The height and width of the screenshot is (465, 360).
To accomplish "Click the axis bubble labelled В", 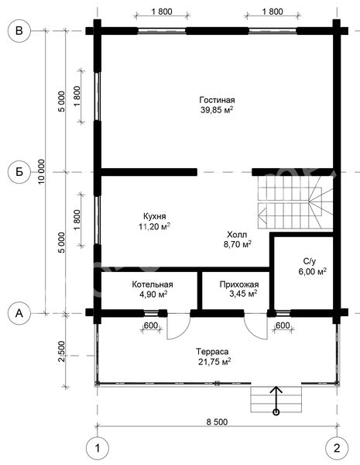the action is [x=19, y=31].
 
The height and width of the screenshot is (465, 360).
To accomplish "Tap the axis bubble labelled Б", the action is [x=19, y=172].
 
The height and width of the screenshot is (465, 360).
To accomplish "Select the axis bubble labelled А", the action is [x=19, y=313].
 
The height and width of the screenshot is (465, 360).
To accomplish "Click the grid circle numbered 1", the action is [x=98, y=448].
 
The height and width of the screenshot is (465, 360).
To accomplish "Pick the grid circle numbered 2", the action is [x=337, y=448].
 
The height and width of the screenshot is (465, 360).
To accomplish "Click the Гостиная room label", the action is [x=218, y=100].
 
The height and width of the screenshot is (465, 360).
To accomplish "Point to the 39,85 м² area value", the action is [x=217, y=110].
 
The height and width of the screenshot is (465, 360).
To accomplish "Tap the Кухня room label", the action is [x=154, y=216].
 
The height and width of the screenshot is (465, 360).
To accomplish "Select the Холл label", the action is [x=237, y=235].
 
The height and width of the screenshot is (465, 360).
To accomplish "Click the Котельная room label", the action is [x=153, y=284].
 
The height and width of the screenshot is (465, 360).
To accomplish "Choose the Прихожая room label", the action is [x=239, y=284].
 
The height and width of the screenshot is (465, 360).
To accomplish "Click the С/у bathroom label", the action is [x=310, y=261].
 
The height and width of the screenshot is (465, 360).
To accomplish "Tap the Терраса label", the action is [x=212, y=352].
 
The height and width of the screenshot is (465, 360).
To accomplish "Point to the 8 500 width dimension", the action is [x=218, y=422].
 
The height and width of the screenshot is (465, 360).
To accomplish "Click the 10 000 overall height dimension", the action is [x=42, y=171].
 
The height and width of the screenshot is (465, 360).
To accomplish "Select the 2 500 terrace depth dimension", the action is [x=61, y=351].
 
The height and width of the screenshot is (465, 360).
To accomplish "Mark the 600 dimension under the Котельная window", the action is [x=151, y=325].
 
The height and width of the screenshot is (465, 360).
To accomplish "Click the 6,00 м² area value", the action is [x=312, y=272].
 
